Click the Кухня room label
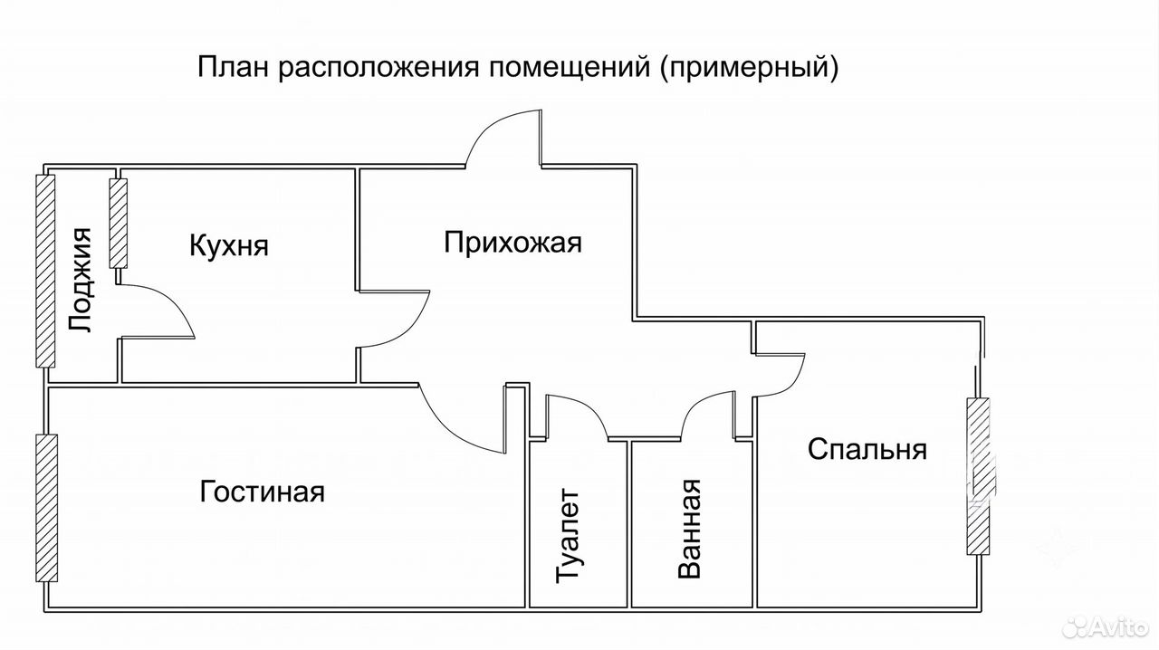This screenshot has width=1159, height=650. coord(229,246)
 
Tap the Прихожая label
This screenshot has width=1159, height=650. coord(512,244)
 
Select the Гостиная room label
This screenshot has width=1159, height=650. coord(262,492)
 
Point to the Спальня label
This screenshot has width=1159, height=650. coord(867,449)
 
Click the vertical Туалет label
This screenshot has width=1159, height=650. coord(568,536)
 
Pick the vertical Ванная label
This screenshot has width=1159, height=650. coord(690,529)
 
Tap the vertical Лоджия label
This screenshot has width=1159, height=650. coord(81,280)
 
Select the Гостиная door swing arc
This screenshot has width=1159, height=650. coord(450,432)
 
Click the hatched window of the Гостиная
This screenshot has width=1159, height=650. coord(46,508)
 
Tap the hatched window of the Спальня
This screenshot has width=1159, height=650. coord(978,476)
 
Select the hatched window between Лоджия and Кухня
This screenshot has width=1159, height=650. coord(119,223)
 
